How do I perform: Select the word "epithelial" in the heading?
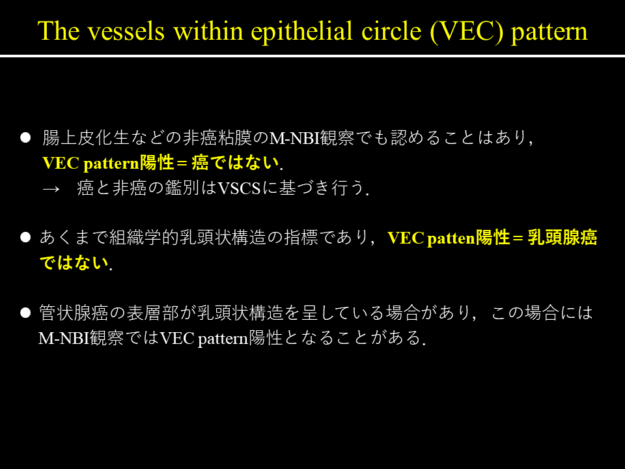301,31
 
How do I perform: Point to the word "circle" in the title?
391,31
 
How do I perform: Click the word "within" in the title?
208,31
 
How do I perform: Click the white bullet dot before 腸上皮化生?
25,137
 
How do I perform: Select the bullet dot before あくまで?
25,237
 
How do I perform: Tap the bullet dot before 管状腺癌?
25,313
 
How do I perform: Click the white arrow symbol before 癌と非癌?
51,189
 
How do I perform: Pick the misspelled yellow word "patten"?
451,238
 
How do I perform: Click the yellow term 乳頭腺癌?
562,237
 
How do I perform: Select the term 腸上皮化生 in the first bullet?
86,137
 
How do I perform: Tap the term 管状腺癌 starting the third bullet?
74,313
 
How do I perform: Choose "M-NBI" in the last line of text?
64,338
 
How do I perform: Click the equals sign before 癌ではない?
182,163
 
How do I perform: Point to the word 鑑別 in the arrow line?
182,188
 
